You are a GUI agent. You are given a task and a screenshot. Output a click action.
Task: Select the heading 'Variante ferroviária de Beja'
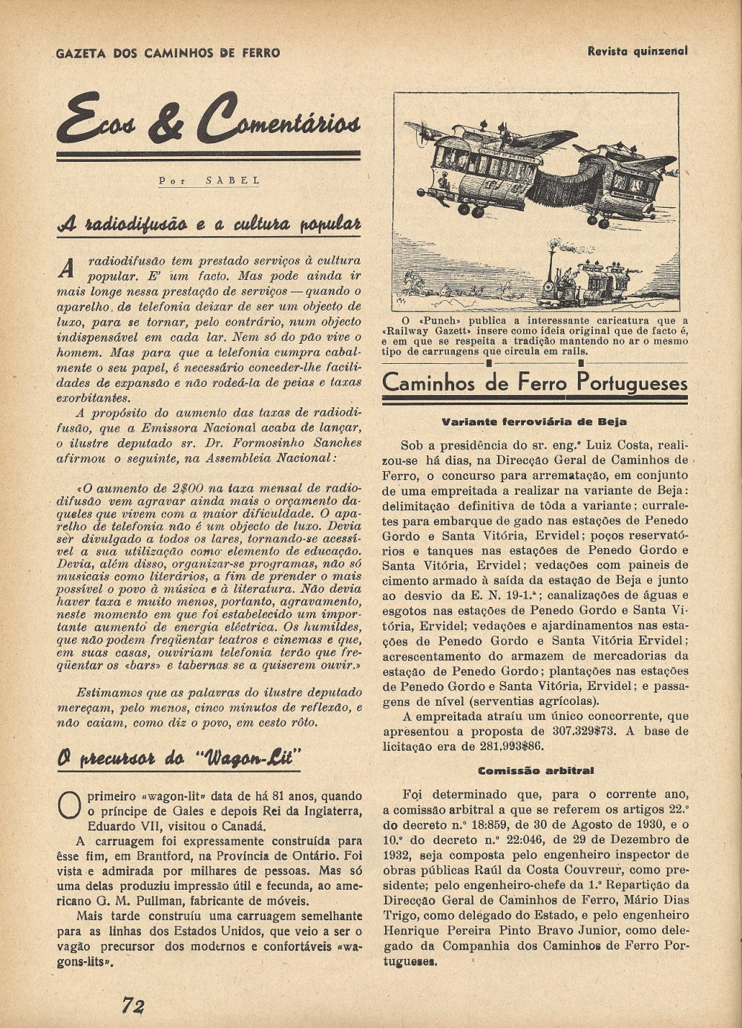click(534, 422)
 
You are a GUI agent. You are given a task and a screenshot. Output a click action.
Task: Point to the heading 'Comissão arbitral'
click(536, 770)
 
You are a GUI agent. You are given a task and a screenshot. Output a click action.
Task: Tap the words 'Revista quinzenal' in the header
click(637, 51)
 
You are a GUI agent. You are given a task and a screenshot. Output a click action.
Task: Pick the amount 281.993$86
click(490, 746)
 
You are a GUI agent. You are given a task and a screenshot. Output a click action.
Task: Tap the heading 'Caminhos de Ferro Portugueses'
click(534, 383)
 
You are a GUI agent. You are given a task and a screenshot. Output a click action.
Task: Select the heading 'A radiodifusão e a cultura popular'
click(209, 224)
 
